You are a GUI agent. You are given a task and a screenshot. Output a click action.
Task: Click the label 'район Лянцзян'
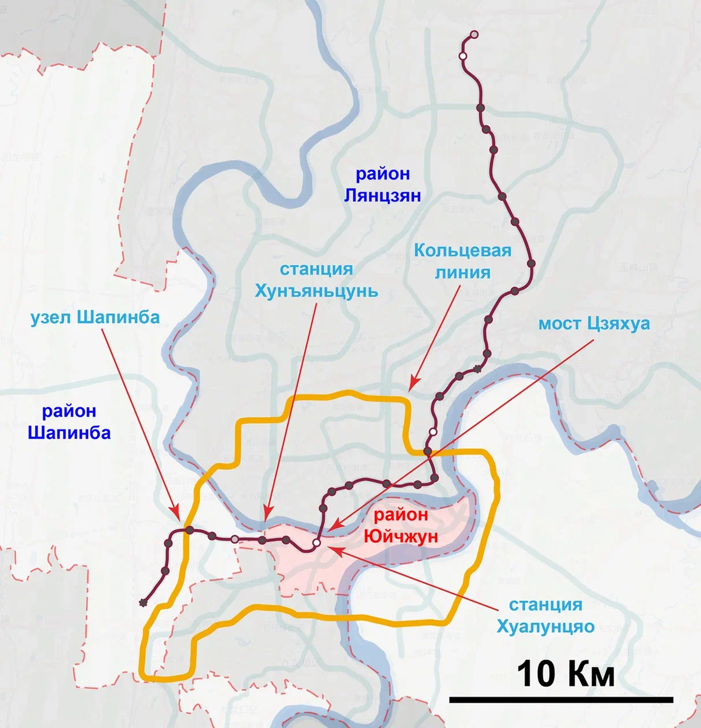point(382,184)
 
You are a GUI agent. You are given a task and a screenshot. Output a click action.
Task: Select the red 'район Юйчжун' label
point(401,525)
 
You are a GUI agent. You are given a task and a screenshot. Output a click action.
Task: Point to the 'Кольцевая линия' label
point(462,261)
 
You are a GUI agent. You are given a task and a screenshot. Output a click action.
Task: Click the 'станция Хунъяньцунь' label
point(316,280)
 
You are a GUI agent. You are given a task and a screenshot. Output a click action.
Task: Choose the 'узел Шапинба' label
point(95,317)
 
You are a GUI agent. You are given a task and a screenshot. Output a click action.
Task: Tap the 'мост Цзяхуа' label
point(594,323)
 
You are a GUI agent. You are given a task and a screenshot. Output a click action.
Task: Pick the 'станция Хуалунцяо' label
point(545,615)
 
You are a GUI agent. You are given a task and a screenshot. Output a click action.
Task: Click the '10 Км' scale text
point(566,674)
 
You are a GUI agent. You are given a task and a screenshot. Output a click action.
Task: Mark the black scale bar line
point(561,699)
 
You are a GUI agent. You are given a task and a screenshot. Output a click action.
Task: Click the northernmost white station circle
point(475,35)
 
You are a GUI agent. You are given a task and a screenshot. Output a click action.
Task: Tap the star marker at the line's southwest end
point(143,602)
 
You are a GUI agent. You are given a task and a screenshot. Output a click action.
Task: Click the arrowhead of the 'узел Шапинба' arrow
point(177,516)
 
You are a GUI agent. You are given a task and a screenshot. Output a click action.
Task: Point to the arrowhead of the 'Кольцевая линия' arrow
point(411,386)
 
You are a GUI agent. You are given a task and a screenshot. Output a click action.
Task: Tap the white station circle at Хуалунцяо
point(316,542)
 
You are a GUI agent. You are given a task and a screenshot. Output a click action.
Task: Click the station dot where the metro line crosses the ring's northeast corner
point(428,452)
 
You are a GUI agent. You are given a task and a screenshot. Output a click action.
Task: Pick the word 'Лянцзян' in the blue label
point(382,195)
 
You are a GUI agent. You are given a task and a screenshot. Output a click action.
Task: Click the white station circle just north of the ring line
point(433,431)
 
